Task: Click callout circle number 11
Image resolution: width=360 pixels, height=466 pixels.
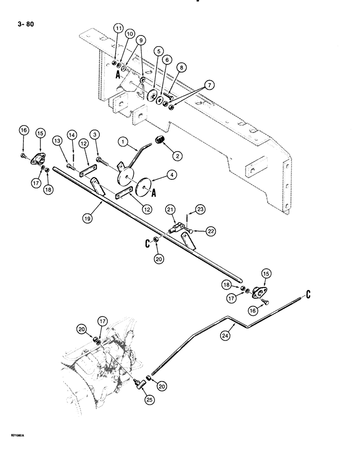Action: [x=118, y=29]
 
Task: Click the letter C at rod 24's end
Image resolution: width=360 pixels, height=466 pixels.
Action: [x=309, y=294]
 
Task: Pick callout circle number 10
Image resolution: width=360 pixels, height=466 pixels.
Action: [x=129, y=34]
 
